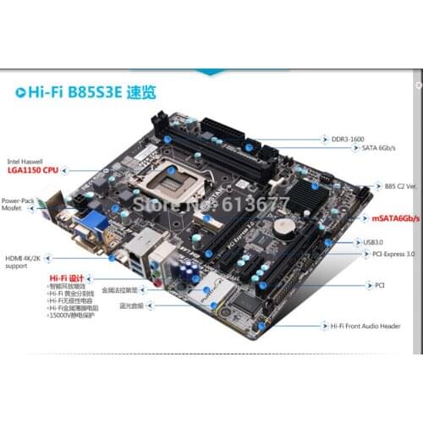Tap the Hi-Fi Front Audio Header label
pos(366,325)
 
